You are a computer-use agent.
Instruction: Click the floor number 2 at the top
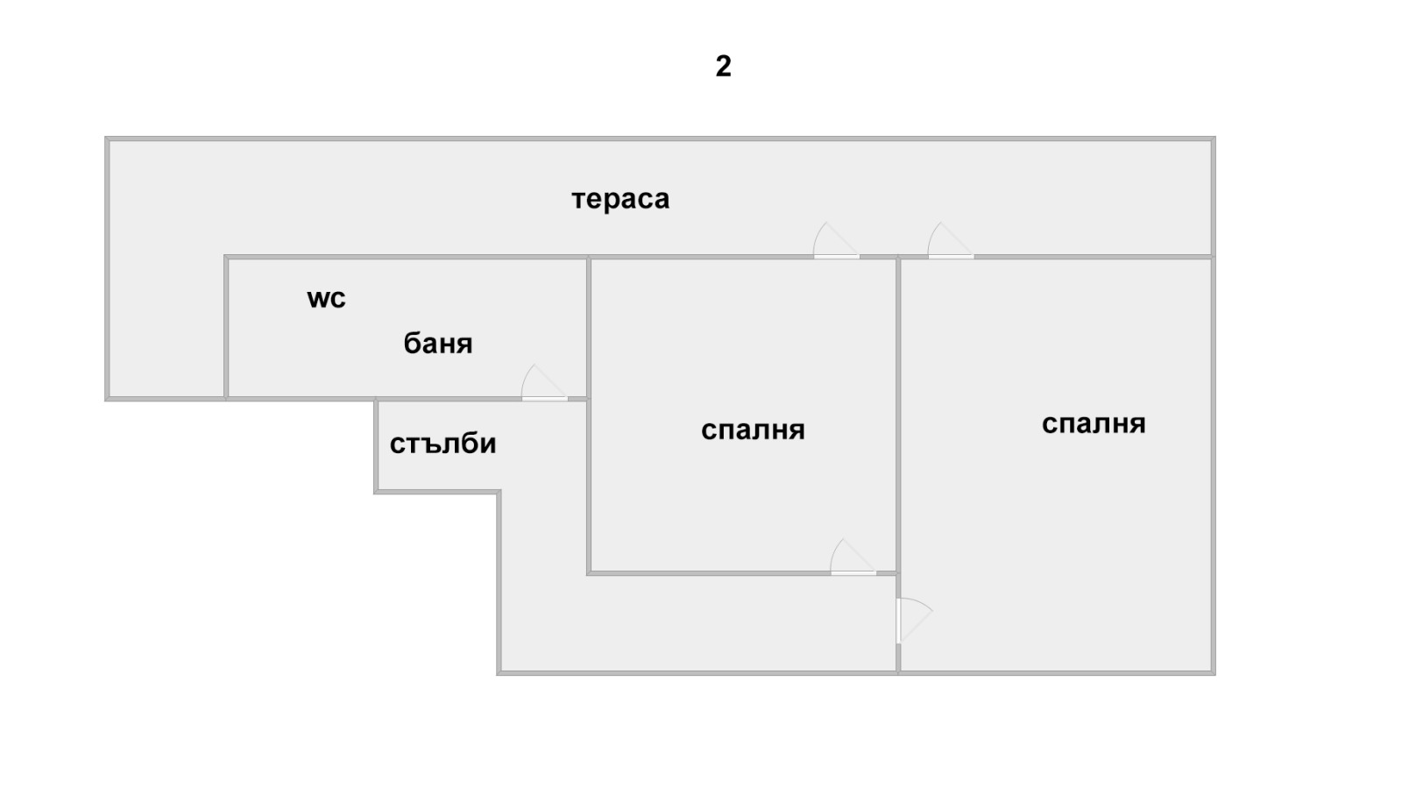pos(723,67)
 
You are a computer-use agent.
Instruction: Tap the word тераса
pos(620,200)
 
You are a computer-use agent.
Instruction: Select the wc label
pos(326,299)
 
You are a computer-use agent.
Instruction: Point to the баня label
pos(437,343)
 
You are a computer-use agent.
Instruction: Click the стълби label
pos(443,444)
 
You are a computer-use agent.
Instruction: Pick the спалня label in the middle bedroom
pos(753,430)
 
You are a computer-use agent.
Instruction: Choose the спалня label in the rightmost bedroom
pos(1094,423)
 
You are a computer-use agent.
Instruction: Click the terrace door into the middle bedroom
pos(836,241)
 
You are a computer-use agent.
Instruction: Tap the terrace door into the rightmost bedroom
pos(951,241)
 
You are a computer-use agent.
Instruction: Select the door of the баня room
pos(544,383)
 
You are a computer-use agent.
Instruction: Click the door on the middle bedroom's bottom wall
pos(853,557)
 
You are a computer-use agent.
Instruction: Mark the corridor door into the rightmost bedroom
pos(914,621)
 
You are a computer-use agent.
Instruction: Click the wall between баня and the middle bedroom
pos(589,327)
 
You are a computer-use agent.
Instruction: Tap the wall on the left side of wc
pos(226,327)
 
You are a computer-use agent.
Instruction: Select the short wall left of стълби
pos(376,445)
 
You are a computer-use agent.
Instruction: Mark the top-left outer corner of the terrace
pos(105,137)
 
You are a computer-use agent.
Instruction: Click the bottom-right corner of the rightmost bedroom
pos(1214,674)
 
